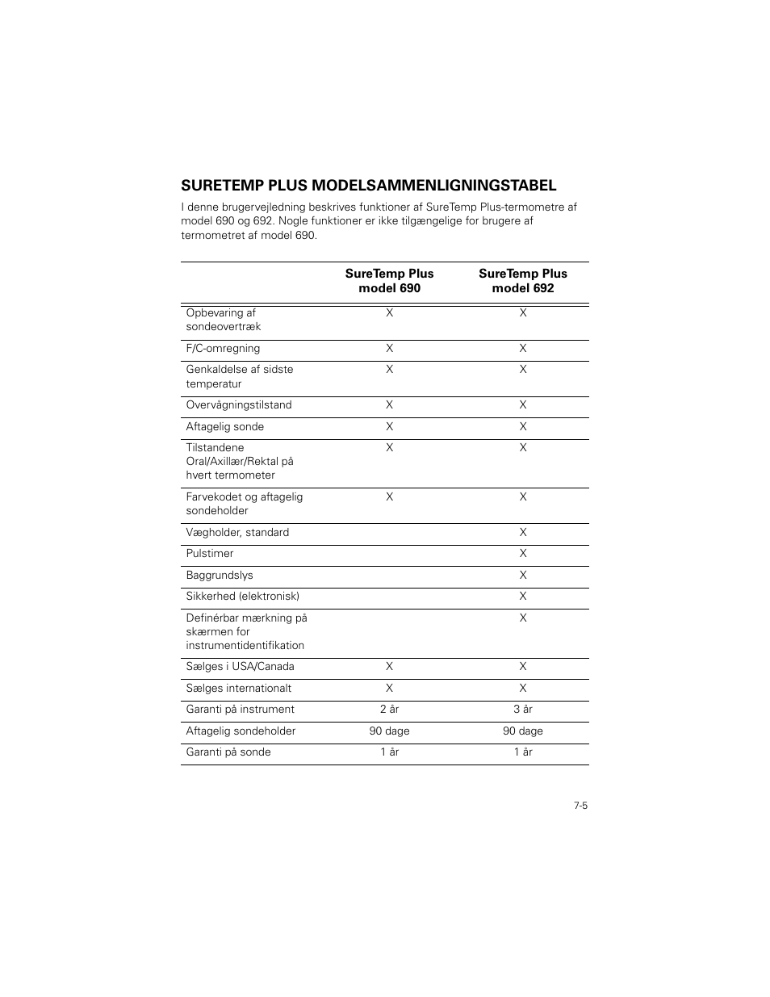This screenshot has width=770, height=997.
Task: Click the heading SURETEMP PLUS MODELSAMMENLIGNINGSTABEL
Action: (x=369, y=185)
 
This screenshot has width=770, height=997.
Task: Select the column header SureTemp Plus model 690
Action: (x=389, y=281)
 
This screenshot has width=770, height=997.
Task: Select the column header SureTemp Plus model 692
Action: (x=523, y=281)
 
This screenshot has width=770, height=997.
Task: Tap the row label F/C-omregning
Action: (x=223, y=349)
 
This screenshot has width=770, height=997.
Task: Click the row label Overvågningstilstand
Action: (x=239, y=405)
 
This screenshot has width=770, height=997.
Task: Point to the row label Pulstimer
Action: (x=210, y=554)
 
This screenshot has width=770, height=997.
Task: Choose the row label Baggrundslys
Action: (x=220, y=576)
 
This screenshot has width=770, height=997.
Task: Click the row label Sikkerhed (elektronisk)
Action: (x=242, y=597)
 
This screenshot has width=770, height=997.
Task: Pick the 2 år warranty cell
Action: (x=389, y=710)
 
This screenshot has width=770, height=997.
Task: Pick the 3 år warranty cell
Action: (x=523, y=710)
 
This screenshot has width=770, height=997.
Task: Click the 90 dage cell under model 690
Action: (x=389, y=731)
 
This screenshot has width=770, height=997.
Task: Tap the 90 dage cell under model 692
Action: (x=523, y=731)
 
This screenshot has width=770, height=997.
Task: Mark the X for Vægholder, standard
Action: (x=523, y=533)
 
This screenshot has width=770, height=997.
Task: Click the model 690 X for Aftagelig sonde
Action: (x=389, y=427)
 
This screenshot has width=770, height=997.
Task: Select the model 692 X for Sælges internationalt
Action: (x=523, y=689)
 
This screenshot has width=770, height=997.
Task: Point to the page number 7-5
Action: (x=580, y=806)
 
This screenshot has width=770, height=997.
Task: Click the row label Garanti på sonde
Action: (x=228, y=752)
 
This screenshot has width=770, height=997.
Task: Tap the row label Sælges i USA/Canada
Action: (x=240, y=667)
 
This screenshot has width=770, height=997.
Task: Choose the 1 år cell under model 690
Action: (x=389, y=752)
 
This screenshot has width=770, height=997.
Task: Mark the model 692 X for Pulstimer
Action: (x=523, y=554)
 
